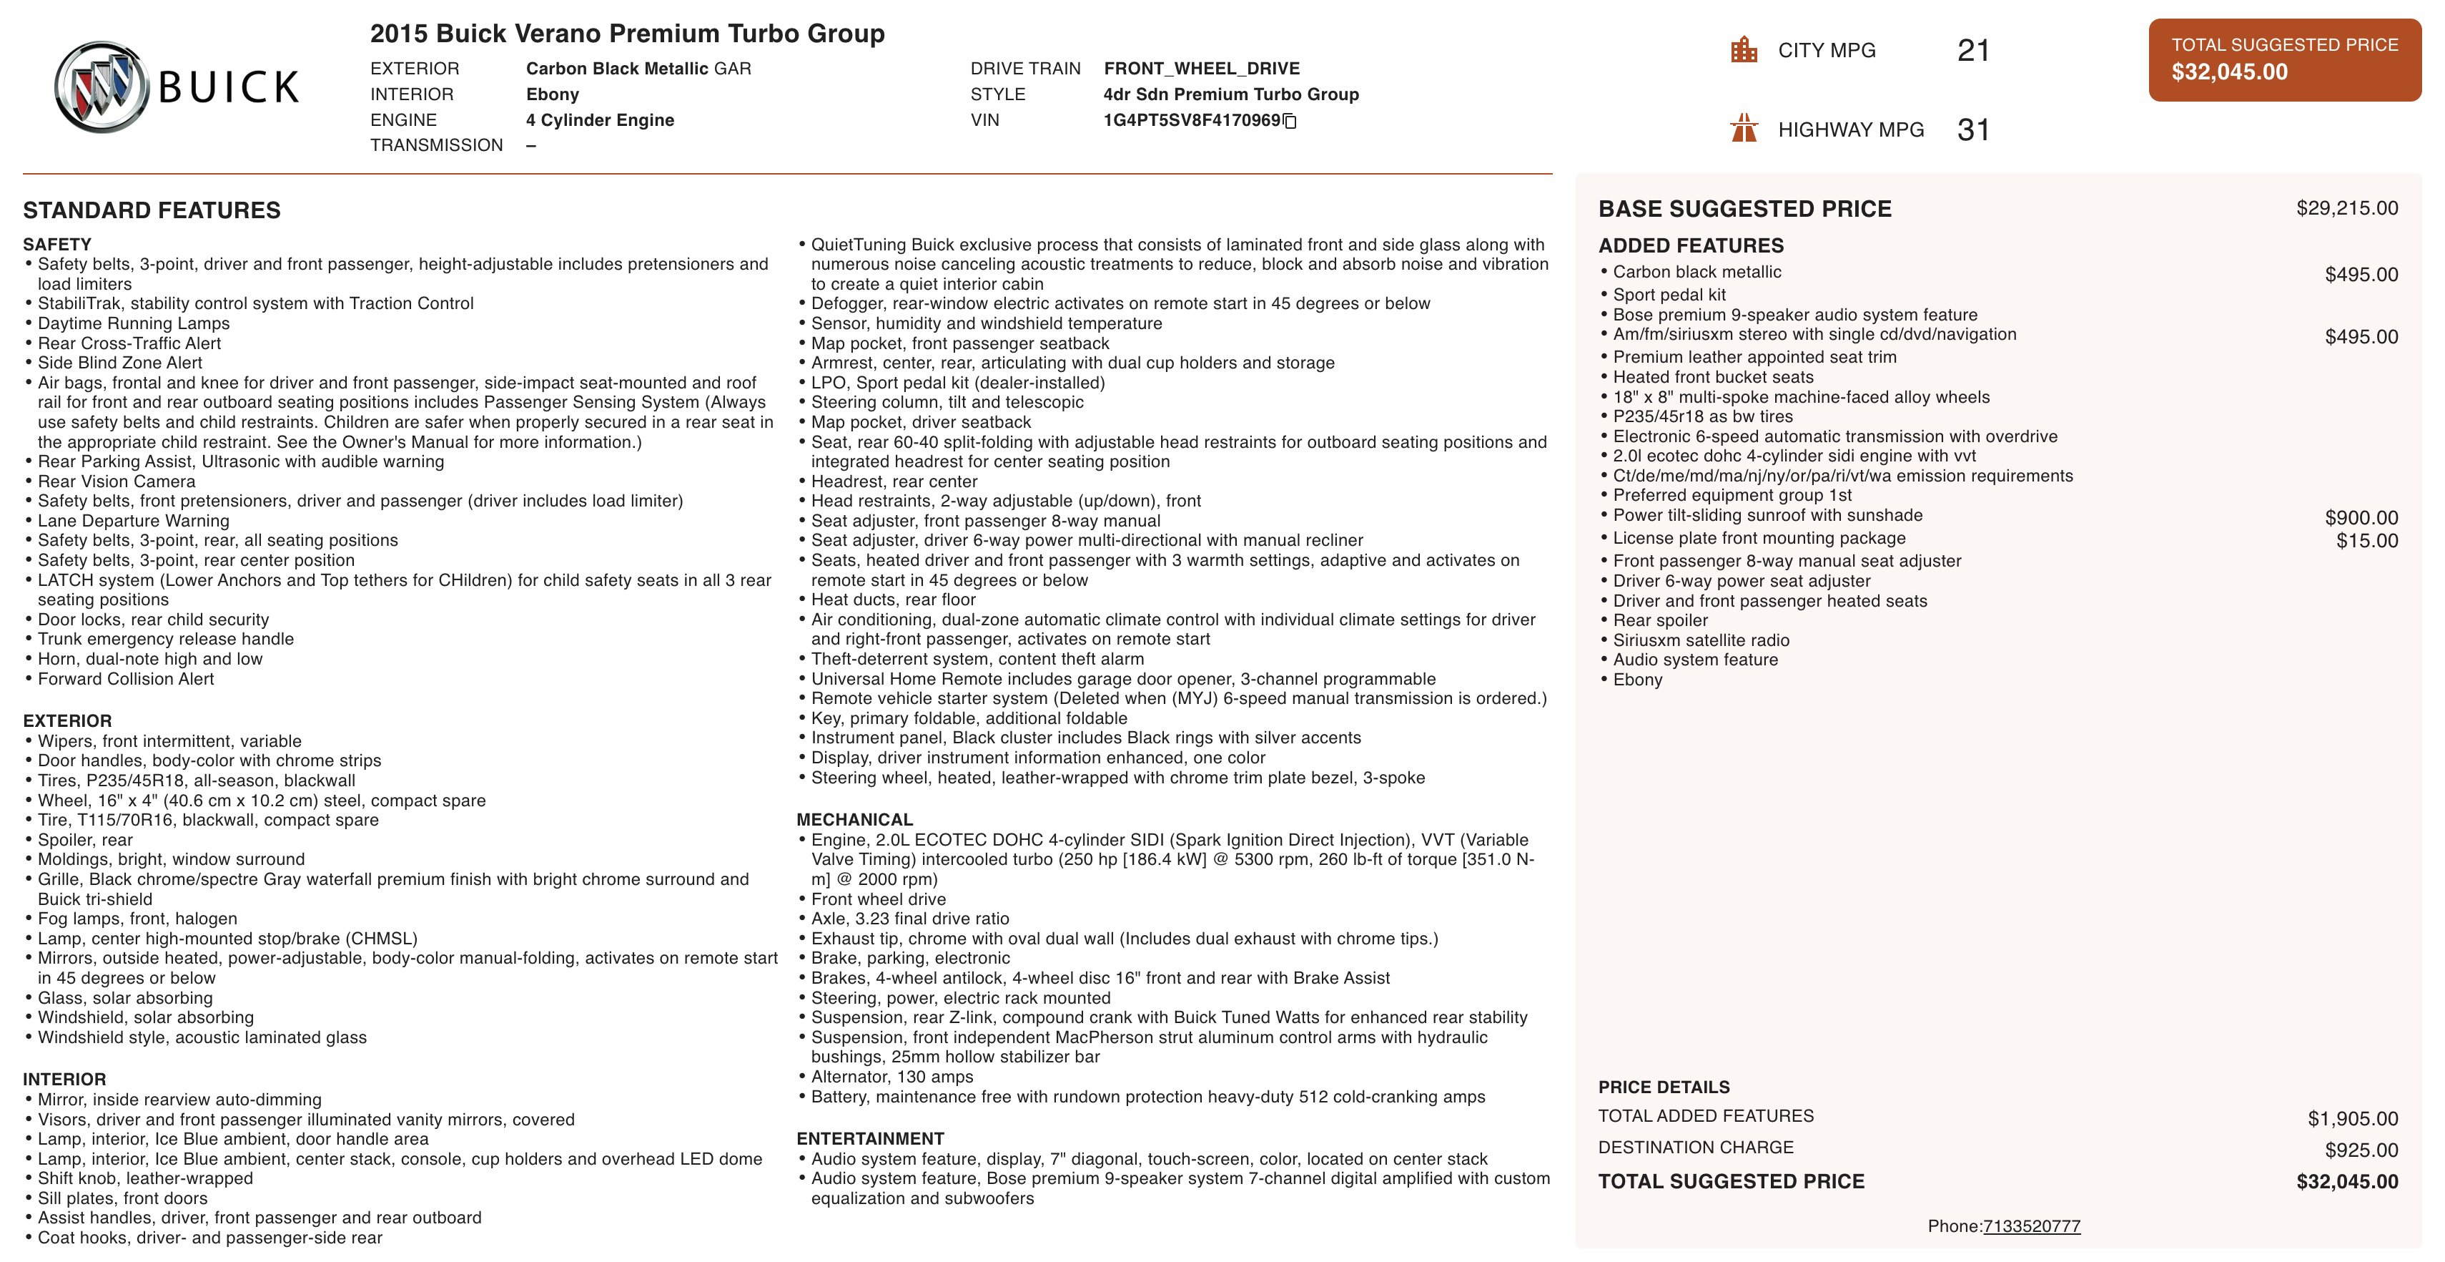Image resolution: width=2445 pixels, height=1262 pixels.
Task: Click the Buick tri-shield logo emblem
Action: [x=102, y=87]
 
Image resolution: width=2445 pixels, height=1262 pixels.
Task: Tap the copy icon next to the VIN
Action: [x=1290, y=121]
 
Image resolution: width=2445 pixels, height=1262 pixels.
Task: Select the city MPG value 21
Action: [x=1972, y=50]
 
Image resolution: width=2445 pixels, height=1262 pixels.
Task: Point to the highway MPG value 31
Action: [x=1972, y=129]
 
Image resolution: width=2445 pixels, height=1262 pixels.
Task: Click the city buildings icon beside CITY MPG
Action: [x=1744, y=50]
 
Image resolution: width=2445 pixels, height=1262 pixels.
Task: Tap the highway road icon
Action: [x=1744, y=127]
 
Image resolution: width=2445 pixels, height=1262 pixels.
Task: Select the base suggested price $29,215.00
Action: [x=2346, y=208]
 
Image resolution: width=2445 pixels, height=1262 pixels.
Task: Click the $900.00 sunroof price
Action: [x=2361, y=517]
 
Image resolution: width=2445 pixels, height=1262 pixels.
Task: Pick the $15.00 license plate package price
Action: [x=2366, y=542]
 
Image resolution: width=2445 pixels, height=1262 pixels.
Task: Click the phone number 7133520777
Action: [x=2031, y=1226]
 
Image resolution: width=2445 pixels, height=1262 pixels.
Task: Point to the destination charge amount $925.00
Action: [x=2361, y=1150]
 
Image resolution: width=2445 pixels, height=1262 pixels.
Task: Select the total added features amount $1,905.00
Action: [x=2352, y=1119]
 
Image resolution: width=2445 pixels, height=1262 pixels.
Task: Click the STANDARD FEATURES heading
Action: [x=152, y=210]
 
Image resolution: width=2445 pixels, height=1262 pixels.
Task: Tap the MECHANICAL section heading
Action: [x=854, y=819]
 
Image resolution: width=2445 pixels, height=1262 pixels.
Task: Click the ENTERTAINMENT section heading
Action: [x=869, y=1138]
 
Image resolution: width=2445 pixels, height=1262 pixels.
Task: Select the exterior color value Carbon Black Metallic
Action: [x=617, y=69]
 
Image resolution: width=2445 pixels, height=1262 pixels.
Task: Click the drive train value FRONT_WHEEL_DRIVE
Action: [x=1202, y=69]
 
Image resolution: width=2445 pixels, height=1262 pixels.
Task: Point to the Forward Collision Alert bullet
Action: [x=125, y=679]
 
